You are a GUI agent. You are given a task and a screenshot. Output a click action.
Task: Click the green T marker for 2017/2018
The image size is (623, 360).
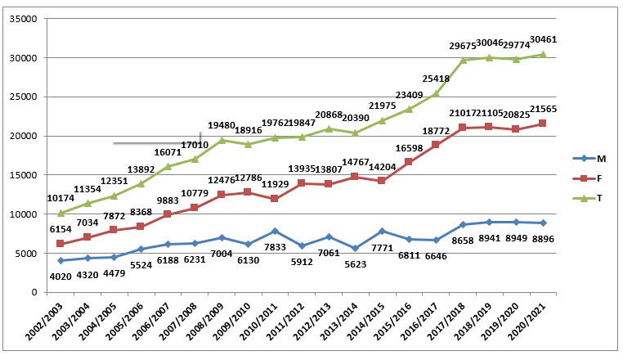(463, 60)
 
